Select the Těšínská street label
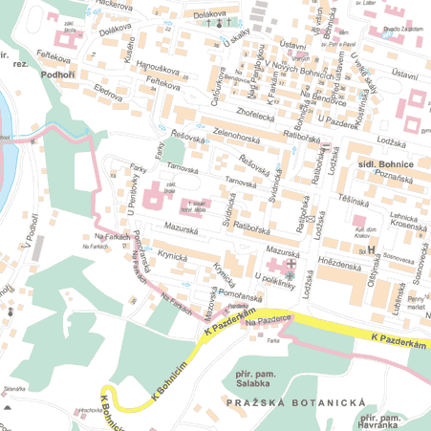point(355,201)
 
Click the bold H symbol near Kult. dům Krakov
point(372,250)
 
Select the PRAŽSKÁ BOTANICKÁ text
point(297,404)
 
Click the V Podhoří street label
point(30,227)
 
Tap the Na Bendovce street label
point(315,99)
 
